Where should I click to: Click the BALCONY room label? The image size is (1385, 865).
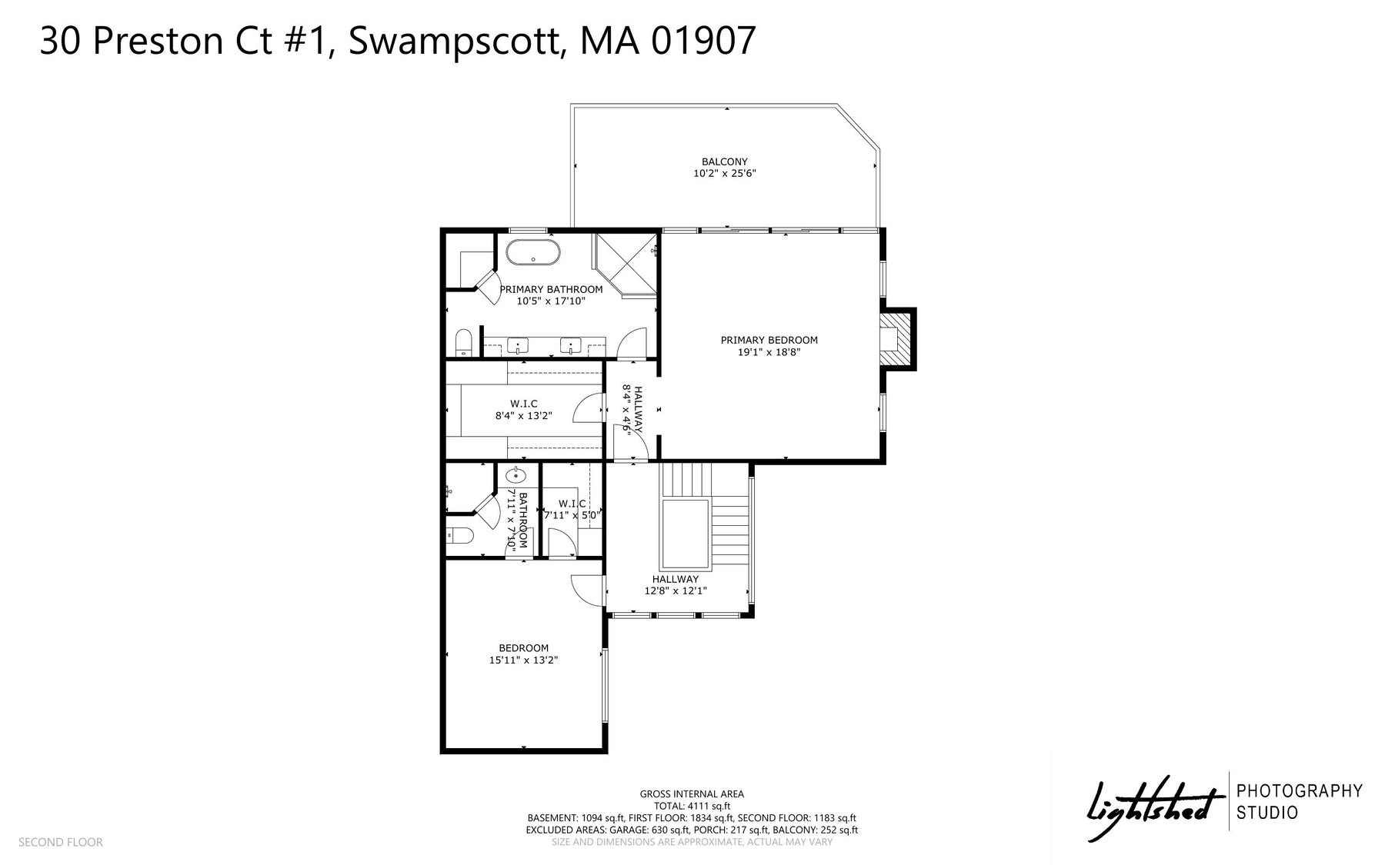coord(724,161)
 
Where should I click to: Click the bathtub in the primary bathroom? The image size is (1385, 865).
coord(532,253)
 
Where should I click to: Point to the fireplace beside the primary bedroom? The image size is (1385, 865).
coord(897,339)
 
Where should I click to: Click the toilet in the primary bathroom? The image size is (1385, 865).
coord(463,343)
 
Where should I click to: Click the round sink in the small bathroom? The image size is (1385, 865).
coord(516,476)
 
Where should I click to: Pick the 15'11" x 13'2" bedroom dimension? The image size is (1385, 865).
coord(523,660)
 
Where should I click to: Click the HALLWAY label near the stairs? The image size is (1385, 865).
coord(676,579)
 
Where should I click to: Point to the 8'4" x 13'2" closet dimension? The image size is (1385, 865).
coord(523,416)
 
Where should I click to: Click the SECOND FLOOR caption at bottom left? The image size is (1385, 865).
coord(60,842)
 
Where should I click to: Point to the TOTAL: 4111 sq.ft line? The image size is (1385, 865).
coord(692,806)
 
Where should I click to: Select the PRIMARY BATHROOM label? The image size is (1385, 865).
coord(551,289)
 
